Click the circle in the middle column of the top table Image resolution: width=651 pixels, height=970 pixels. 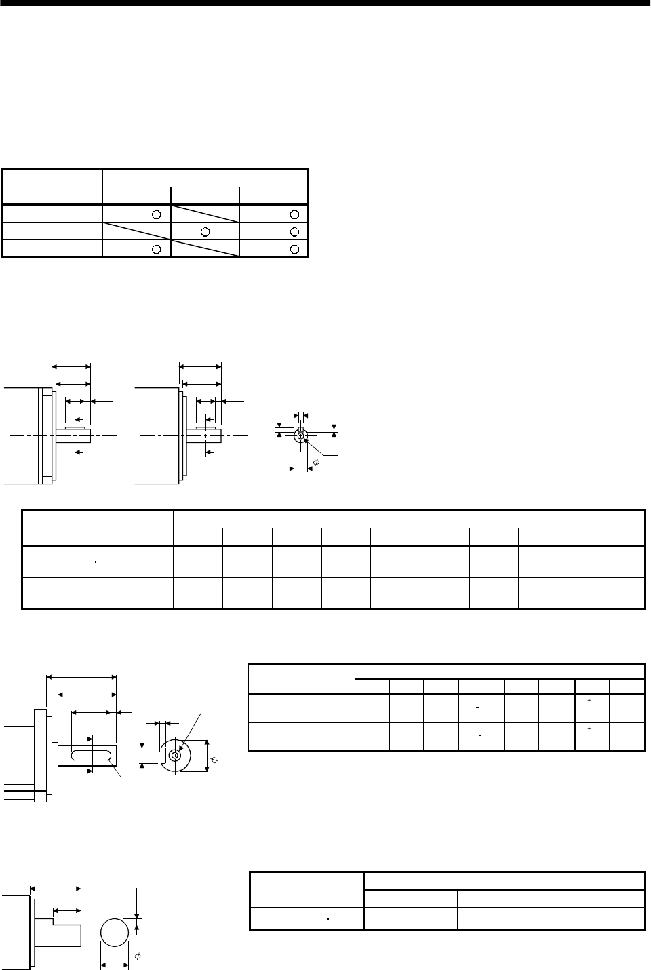[205, 231]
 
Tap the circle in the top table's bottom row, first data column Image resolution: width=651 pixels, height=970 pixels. [156, 248]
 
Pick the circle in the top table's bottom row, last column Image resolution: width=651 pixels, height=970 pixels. [294, 248]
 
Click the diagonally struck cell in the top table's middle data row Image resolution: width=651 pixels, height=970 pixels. [136, 231]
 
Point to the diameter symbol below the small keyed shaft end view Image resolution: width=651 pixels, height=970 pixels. [316, 463]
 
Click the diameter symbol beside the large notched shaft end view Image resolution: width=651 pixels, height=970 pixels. [214, 761]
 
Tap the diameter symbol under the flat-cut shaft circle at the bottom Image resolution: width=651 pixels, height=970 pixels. [138, 956]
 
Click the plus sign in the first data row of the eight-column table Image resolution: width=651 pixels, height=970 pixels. [590, 699]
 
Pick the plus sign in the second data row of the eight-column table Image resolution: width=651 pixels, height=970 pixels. [590, 728]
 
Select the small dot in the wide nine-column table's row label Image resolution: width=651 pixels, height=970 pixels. [96, 562]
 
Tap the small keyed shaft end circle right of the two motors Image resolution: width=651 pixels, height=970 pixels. [300, 435]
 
